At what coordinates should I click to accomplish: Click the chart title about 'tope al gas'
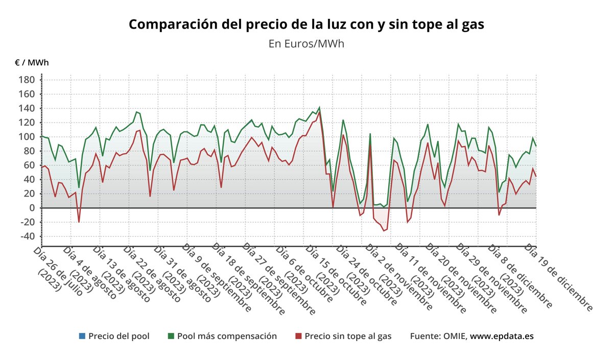pyautogui.click(x=306, y=24)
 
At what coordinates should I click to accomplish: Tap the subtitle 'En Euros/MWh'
pyautogui.click(x=306, y=43)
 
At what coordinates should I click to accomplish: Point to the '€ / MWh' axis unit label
pyautogui.click(x=32, y=63)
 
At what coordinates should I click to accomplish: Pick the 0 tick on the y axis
pyautogui.click(x=32, y=208)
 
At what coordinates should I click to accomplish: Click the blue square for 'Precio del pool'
pyautogui.click(x=82, y=336)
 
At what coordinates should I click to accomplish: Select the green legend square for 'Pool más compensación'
pyautogui.click(x=171, y=336)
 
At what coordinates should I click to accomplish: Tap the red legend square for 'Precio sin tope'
pyautogui.click(x=298, y=336)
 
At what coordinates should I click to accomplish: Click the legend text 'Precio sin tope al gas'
pyautogui.click(x=348, y=336)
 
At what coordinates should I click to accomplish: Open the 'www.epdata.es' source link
pyautogui.click(x=502, y=336)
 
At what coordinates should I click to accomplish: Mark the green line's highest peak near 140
pyautogui.click(x=319, y=108)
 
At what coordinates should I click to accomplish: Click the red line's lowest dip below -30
pyautogui.click(x=384, y=231)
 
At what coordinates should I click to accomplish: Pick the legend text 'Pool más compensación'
pyautogui.click(x=227, y=336)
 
